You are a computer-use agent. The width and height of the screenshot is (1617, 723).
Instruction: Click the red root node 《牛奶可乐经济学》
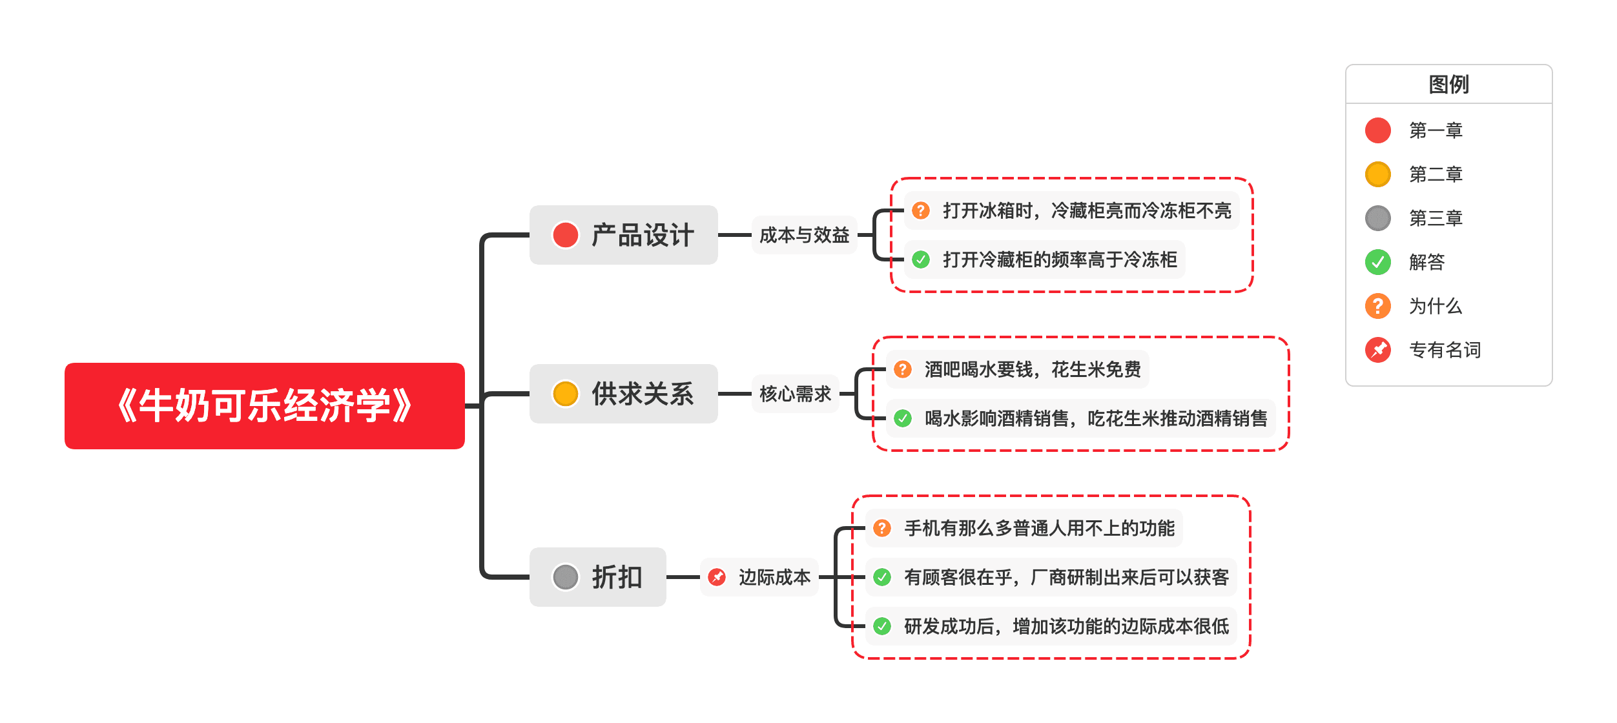[x=264, y=406]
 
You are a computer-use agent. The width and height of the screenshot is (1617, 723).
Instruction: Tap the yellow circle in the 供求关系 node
[x=565, y=394]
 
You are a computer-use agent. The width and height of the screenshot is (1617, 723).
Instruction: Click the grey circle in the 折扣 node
[x=565, y=577]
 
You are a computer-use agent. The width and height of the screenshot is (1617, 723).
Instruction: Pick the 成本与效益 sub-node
[x=804, y=235]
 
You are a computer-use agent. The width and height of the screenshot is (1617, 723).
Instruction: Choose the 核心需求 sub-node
[x=795, y=394]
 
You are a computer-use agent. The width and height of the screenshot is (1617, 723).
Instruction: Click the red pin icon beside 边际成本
[x=717, y=577]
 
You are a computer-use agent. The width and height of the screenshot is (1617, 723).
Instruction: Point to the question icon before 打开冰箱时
[x=921, y=210]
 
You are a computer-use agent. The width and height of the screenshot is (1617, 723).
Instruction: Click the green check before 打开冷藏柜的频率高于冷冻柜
[x=921, y=260]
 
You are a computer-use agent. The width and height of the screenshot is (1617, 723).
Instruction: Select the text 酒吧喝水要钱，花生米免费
[x=1032, y=369]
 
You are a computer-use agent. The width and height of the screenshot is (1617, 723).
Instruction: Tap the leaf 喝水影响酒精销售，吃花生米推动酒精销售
[x=1095, y=418]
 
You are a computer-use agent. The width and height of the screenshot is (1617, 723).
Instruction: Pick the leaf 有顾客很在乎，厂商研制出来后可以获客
[x=1066, y=577]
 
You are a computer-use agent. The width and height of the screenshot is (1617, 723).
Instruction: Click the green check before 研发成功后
[x=882, y=626]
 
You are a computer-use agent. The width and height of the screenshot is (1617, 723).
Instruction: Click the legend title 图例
[x=1448, y=85]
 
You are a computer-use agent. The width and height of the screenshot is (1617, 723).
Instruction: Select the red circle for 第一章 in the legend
[x=1377, y=130]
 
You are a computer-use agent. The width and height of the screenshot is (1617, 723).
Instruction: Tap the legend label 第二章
[x=1435, y=174]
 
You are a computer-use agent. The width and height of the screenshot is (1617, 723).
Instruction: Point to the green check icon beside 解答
[x=1377, y=262]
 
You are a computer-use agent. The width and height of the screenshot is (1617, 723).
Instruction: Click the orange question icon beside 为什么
[x=1377, y=306]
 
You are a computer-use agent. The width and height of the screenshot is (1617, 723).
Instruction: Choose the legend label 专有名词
[x=1445, y=350]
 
